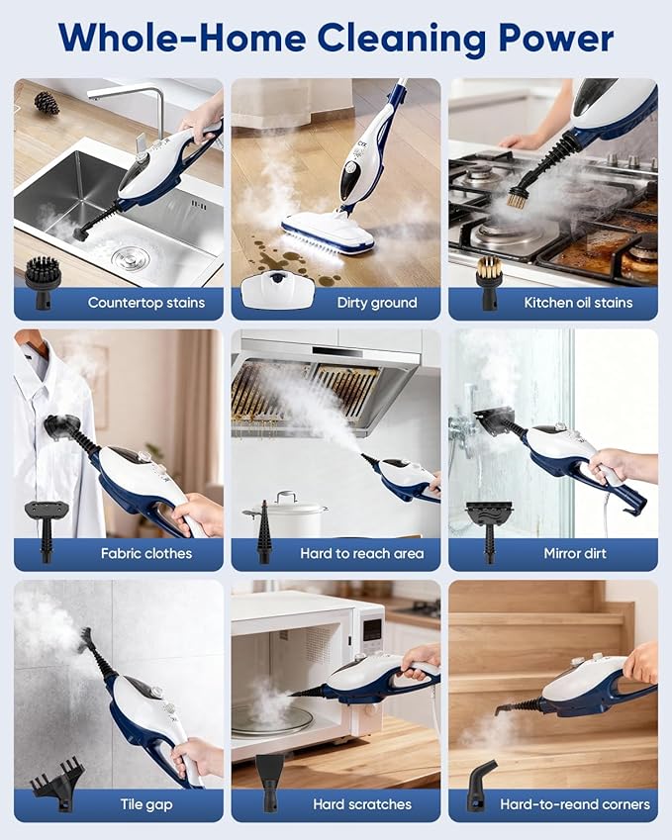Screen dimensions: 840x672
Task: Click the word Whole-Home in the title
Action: [179, 39]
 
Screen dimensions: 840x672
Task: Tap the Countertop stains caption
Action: [146, 303]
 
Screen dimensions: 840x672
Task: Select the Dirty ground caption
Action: [377, 303]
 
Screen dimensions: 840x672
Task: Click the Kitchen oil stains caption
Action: [578, 303]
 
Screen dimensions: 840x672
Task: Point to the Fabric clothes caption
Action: [146, 553]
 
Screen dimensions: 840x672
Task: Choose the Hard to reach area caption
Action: [362, 553]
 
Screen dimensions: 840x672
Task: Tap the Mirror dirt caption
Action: [575, 553]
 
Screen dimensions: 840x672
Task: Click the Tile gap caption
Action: [146, 804]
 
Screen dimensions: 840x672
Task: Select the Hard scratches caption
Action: [362, 804]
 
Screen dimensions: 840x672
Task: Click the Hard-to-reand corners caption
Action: [575, 804]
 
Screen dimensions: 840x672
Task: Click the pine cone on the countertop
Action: [47, 102]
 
